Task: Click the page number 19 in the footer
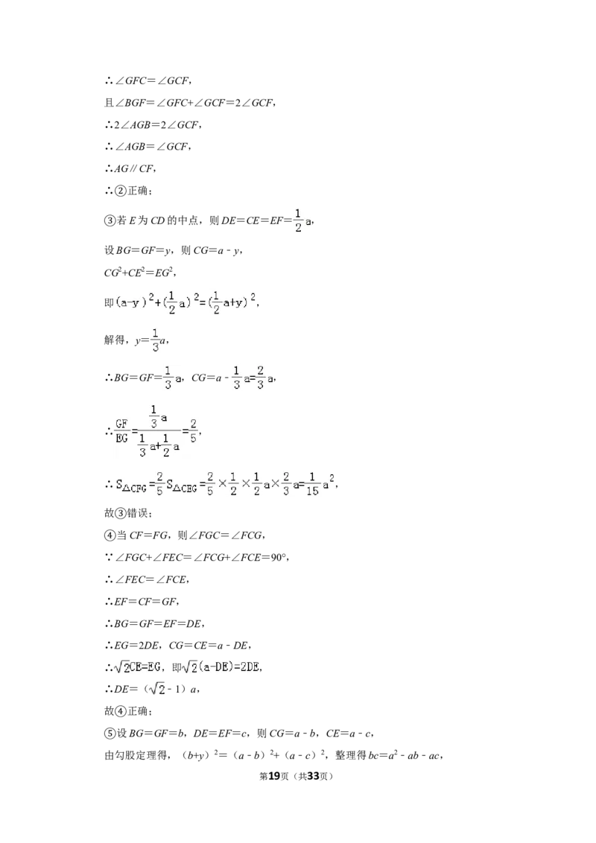[274, 776]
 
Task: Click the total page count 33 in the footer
[313, 776]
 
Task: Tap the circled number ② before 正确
[121, 191]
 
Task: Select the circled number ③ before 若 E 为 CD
[110, 220]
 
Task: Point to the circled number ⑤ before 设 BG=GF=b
[110, 734]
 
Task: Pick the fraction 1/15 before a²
[312, 484]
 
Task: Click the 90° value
[279, 558]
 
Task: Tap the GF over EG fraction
[122, 431]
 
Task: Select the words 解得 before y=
[115, 340]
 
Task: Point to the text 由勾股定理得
[135, 755]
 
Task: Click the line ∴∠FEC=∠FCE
[146, 579]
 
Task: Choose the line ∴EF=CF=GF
[142, 602]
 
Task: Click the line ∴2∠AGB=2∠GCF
[153, 124]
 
